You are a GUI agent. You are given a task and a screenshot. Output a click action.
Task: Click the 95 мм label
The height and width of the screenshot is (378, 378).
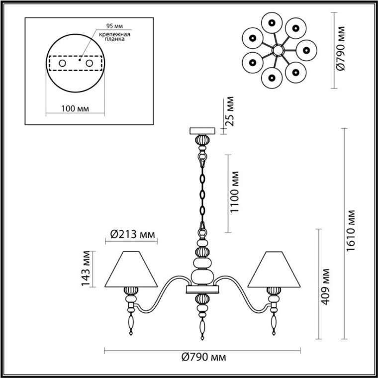coord(114,26)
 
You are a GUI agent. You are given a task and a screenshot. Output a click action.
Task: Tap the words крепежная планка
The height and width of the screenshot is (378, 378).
coord(114,36)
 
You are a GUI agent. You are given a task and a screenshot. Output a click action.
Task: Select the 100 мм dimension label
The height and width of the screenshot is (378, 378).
coord(75,109)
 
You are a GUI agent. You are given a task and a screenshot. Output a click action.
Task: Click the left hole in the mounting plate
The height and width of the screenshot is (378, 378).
coord(63,63)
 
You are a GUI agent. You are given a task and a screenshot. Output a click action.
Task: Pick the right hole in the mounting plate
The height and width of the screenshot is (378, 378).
coord(90,63)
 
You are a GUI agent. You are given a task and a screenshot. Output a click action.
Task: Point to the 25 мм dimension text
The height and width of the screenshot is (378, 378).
coord(229,111)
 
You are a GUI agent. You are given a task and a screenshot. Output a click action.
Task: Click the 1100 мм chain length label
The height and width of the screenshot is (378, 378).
coord(234,192)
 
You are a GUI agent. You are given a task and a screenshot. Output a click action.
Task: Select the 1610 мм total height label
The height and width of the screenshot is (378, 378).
coord(351,231)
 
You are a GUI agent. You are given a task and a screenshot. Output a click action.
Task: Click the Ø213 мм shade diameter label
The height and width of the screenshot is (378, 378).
coord(132,234)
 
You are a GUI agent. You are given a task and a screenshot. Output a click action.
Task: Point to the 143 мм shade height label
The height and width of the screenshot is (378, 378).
coord(86,269)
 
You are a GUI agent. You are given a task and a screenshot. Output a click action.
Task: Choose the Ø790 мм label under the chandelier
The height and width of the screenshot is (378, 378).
coord(204,357)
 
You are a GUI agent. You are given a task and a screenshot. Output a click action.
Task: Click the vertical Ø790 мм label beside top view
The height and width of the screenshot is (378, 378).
coord(341,48)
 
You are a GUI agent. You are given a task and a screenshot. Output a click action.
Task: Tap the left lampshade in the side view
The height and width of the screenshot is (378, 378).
coord(131,269)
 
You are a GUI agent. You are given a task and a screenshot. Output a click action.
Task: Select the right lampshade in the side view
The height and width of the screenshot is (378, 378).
coord(274,269)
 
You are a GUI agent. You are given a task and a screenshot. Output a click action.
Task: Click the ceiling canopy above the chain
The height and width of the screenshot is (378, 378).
coord(202,131)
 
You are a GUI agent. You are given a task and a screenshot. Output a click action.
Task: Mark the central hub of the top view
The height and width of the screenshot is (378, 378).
coord(278,51)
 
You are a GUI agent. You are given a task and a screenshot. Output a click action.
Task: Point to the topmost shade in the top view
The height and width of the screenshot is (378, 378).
coord(272,23)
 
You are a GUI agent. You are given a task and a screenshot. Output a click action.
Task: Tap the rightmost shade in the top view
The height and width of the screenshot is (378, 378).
coord(306,50)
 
